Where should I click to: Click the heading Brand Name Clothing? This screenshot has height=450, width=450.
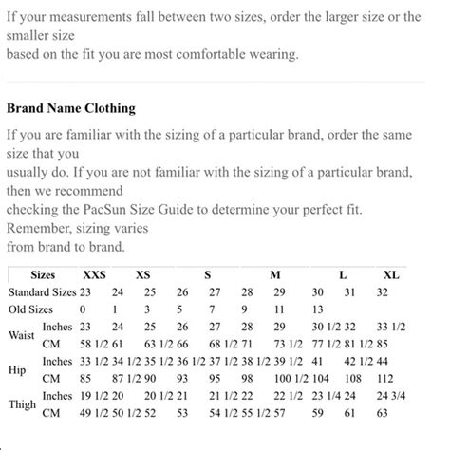(x=71, y=108)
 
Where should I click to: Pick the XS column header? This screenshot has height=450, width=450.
(x=143, y=274)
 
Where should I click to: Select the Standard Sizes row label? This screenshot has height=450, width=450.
(x=42, y=291)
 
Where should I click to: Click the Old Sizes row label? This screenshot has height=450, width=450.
(x=30, y=309)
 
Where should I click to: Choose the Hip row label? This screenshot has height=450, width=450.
(x=17, y=369)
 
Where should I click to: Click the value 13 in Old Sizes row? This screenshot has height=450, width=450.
(x=317, y=309)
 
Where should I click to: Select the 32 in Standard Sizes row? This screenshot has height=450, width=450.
(x=382, y=291)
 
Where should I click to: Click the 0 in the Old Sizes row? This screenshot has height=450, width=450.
(x=83, y=309)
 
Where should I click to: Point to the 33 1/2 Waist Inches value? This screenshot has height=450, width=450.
(x=389, y=327)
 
